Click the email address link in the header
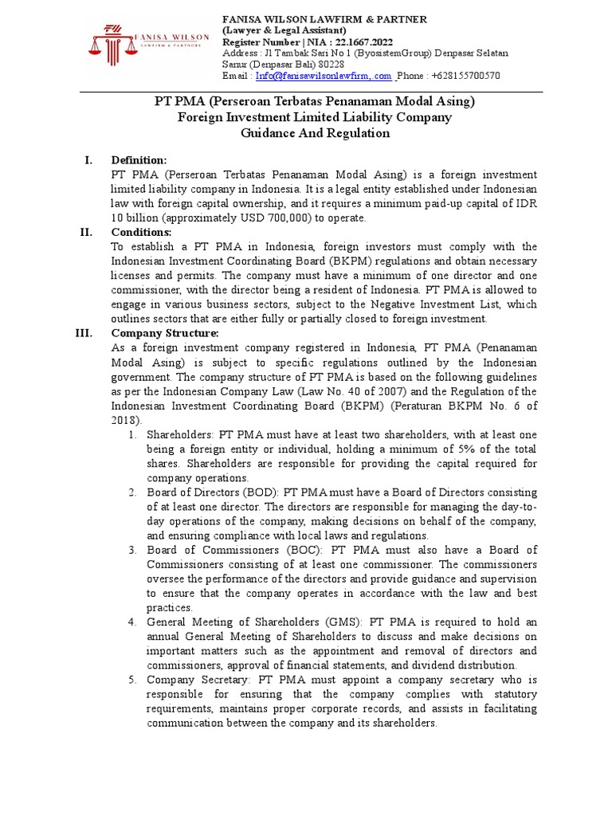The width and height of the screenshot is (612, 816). click(x=323, y=76)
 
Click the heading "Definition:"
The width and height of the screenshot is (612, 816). click(x=139, y=160)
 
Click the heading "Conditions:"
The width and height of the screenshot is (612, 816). click(x=141, y=232)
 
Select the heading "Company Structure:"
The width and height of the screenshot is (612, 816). click(x=164, y=333)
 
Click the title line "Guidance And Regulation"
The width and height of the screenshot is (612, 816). click(x=315, y=133)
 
